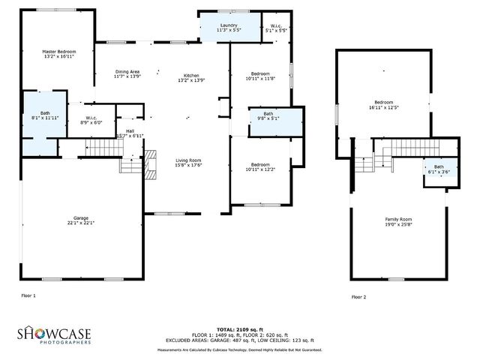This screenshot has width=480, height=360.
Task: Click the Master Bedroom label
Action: (x=58, y=53)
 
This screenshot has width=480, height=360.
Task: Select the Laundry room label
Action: (x=229, y=28)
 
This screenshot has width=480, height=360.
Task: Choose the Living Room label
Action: (x=188, y=163)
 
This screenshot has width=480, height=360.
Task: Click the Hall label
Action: (x=130, y=133)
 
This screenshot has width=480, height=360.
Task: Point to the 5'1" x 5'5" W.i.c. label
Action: (x=276, y=28)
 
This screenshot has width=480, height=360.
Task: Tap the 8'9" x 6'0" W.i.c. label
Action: (x=91, y=120)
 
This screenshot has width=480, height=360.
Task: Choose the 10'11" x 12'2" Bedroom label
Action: (x=260, y=166)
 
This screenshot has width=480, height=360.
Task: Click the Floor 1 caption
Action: (x=28, y=295)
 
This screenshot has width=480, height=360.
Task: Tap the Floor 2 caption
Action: (x=358, y=297)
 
